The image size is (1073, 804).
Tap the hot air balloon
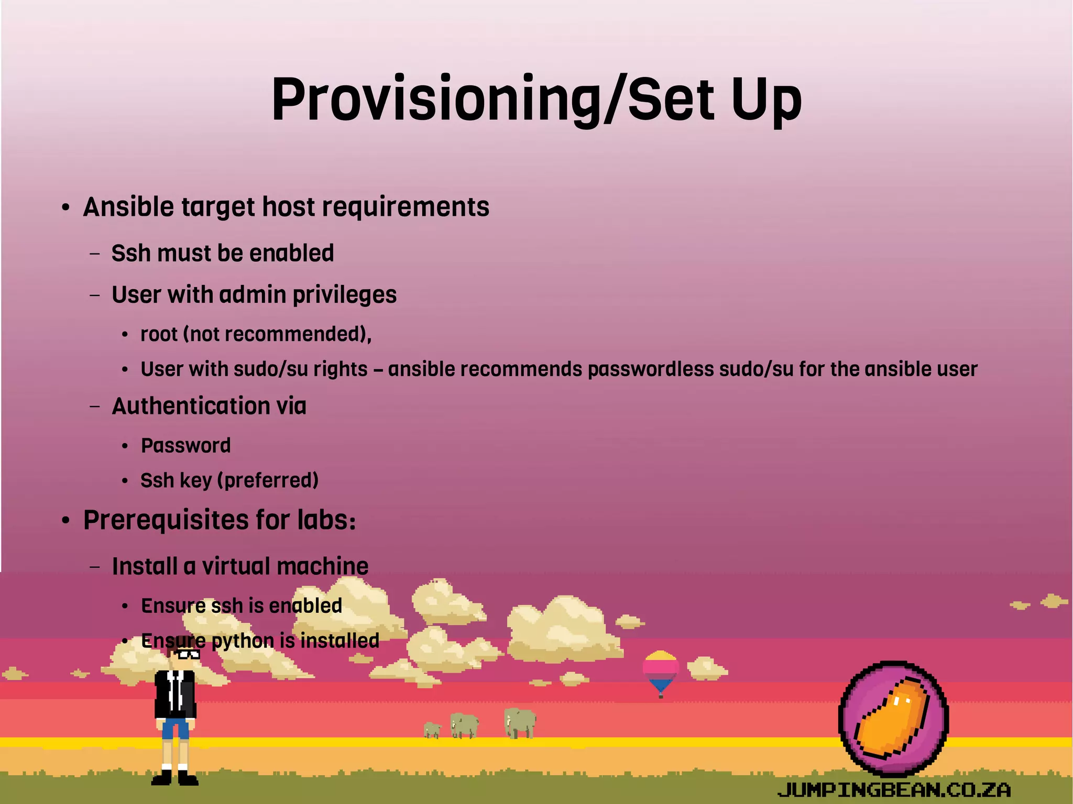pos(661,670)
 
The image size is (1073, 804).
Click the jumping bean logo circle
pos(893,718)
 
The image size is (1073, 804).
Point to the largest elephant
pos(520,722)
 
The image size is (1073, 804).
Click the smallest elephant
pos(432,730)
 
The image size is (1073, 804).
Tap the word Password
pos(186,446)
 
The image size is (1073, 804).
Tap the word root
pos(159,334)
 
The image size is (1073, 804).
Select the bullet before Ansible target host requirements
pos(65,208)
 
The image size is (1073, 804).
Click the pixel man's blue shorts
pos(175,728)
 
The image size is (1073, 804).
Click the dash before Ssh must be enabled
pos(95,254)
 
